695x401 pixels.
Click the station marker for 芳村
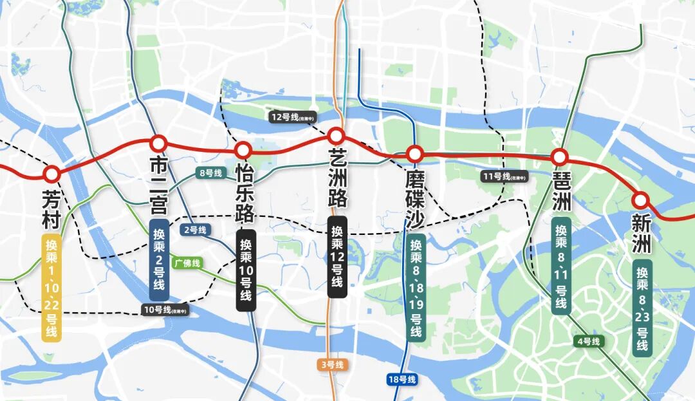pyautogui.click(x=51, y=173)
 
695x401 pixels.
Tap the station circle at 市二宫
pyautogui.click(x=158, y=142)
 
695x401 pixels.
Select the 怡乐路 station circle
pyautogui.click(x=243, y=150)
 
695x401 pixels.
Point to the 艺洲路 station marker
pyautogui.click(x=335, y=136)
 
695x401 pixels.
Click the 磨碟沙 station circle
pyautogui.click(x=415, y=154)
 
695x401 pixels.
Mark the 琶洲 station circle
pyautogui.click(x=559, y=156)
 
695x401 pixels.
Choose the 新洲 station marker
pyautogui.click(x=640, y=199)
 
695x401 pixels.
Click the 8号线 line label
pyautogui.click(x=210, y=173)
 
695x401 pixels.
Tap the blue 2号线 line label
pyautogui.click(x=195, y=230)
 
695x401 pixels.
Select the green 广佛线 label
pyautogui.click(x=187, y=263)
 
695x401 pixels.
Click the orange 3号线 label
pyautogui.click(x=332, y=365)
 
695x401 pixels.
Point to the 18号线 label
pyautogui.click(x=402, y=379)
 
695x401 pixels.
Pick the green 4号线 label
pyautogui.click(x=587, y=341)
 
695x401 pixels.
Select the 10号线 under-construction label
pyautogui.click(x=165, y=310)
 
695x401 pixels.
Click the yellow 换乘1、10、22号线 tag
pyautogui.click(x=51, y=286)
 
